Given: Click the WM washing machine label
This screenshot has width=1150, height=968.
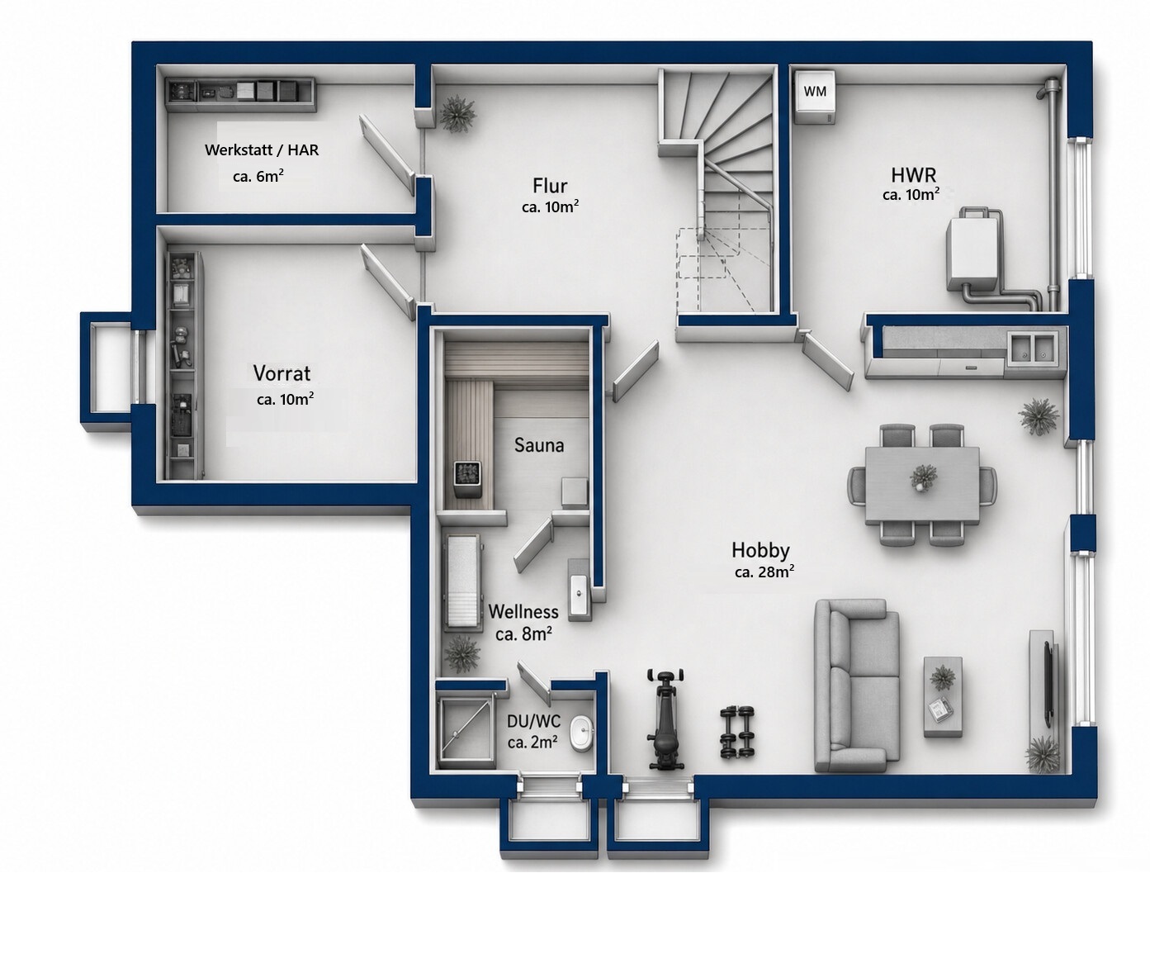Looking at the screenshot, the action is [x=815, y=92].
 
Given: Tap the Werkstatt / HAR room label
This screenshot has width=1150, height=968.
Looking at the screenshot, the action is [x=262, y=149].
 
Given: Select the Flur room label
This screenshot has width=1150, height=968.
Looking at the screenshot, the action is [x=550, y=186].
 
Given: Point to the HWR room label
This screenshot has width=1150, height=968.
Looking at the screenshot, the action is [x=914, y=175].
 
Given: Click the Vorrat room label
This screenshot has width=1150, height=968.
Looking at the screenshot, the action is [x=282, y=373].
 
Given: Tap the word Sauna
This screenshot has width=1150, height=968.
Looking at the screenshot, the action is [x=539, y=445].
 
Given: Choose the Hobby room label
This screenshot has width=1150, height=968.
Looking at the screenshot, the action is [x=760, y=550].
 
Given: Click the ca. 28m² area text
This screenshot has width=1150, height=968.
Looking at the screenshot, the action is [x=764, y=572].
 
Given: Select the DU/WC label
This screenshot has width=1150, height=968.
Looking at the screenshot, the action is [x=533, y=721].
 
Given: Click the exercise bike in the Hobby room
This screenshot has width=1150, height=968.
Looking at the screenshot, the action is [x=666, y=719].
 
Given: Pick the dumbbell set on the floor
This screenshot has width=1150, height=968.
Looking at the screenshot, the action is [x=737, y=733].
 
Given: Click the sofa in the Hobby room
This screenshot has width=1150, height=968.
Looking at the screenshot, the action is [x=856, y=686].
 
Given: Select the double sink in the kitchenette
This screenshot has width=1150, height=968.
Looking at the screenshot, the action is [x=1032, y=349].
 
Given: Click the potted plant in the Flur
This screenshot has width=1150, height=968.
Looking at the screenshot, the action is [x=457, y=114].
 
